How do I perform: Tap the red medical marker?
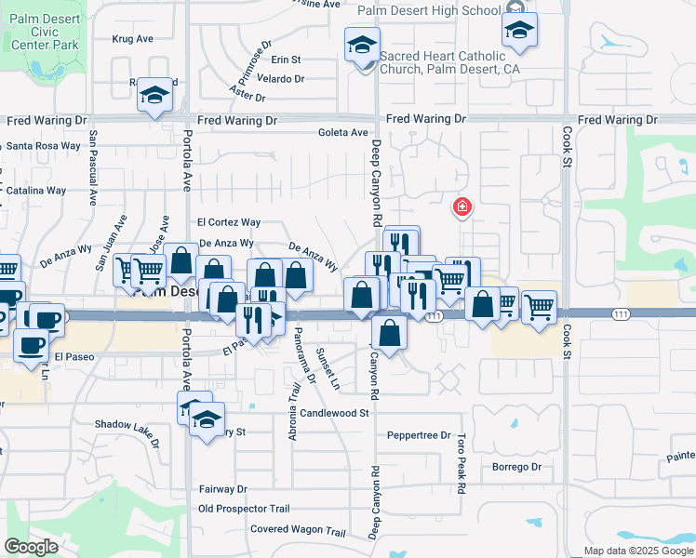click(460, 207)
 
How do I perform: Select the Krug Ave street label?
click(132, 39)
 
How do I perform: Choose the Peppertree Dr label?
click(419, 435)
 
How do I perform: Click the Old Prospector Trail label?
click(245, 509)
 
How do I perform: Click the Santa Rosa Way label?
click(44, 146)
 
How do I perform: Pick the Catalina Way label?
click(35, 190)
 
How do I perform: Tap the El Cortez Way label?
click(229, 222)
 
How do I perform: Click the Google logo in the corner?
click(31, 547)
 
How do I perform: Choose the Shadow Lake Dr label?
click(127, 425)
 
